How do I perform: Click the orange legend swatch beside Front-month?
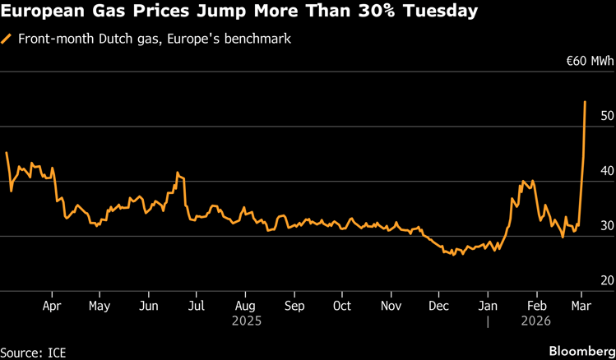click(x=7, y=39)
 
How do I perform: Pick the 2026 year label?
click(x=536, y=322)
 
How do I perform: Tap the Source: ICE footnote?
click(x=34, y=352)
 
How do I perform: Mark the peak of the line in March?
click(x=585, y=102)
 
